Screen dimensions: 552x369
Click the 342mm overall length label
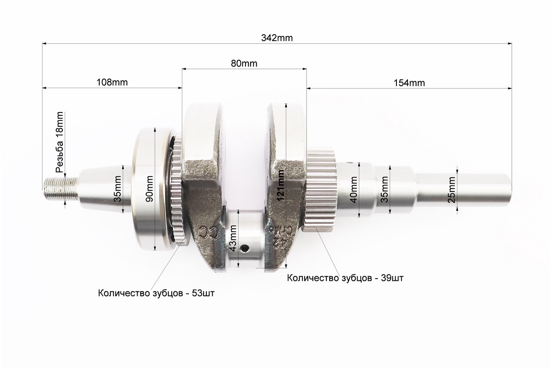pos(277,38)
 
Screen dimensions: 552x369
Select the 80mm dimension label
pos(244,63)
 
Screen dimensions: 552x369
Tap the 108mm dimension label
pos(112,82)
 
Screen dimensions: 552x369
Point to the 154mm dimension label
pos(409,83)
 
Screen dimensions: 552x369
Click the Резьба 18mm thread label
pos(60,142)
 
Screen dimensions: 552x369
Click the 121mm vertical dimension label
pos(281,185)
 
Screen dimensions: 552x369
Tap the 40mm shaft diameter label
pos(354,189)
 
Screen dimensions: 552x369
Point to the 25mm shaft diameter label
pos(452,190)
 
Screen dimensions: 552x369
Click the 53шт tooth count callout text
pos(156,293)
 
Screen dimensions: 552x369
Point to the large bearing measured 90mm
pos(155,190)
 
